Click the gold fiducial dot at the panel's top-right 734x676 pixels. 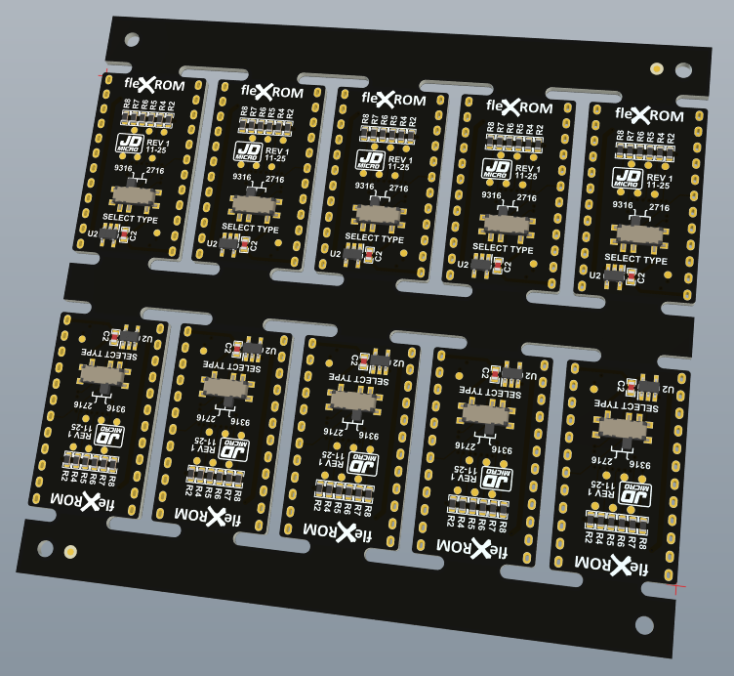tap(657, 69)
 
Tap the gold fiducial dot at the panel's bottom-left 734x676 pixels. tap(70, 553)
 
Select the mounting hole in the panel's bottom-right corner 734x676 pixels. tap(643, 624)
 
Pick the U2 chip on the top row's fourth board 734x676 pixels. tap(481, 264)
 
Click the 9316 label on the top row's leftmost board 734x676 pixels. tap(123, 168)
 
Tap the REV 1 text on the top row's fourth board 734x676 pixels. tap(527, 169)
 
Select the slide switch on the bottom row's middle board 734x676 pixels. tap(350, 401)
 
